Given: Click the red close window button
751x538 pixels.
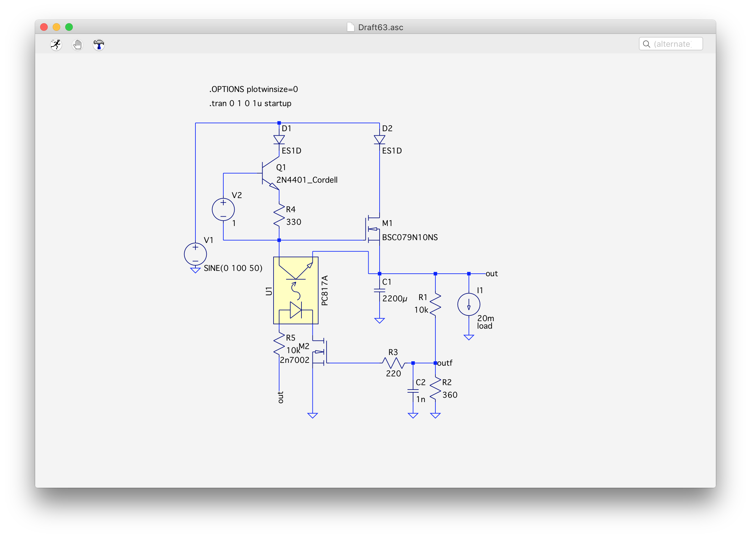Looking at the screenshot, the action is coord(44,27).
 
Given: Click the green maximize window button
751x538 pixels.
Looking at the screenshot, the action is coord(69,27).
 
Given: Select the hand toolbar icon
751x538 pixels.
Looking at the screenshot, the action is coord(77,44).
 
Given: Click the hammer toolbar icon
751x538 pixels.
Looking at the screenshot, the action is coord(99,44).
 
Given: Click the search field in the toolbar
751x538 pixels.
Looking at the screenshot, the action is coord(671,44).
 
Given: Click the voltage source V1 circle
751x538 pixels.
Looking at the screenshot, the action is coord(195,254).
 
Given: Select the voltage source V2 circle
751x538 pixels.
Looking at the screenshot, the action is coord(223,209).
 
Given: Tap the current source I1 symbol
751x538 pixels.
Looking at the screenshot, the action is coord(469,304).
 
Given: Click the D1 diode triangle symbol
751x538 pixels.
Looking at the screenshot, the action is coord(279,139).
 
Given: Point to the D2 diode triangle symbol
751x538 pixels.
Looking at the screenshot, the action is coord(380,139).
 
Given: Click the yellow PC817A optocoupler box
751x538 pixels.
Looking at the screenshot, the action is coord(296,290).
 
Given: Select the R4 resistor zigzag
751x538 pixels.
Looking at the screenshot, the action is coord(279,216).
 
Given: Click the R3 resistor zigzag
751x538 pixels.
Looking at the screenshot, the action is coord(393,363).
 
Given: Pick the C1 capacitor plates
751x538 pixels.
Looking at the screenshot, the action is coord(380,290).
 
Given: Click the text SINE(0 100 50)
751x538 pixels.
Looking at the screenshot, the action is coord(233,268).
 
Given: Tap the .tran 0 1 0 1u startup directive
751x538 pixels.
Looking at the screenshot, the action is coord(250,103).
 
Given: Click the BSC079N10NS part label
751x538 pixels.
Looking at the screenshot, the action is coord(410,237).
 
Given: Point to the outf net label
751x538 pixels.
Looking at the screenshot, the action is coord(445,363).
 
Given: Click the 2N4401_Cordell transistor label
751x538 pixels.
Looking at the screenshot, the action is coord(307,180).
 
